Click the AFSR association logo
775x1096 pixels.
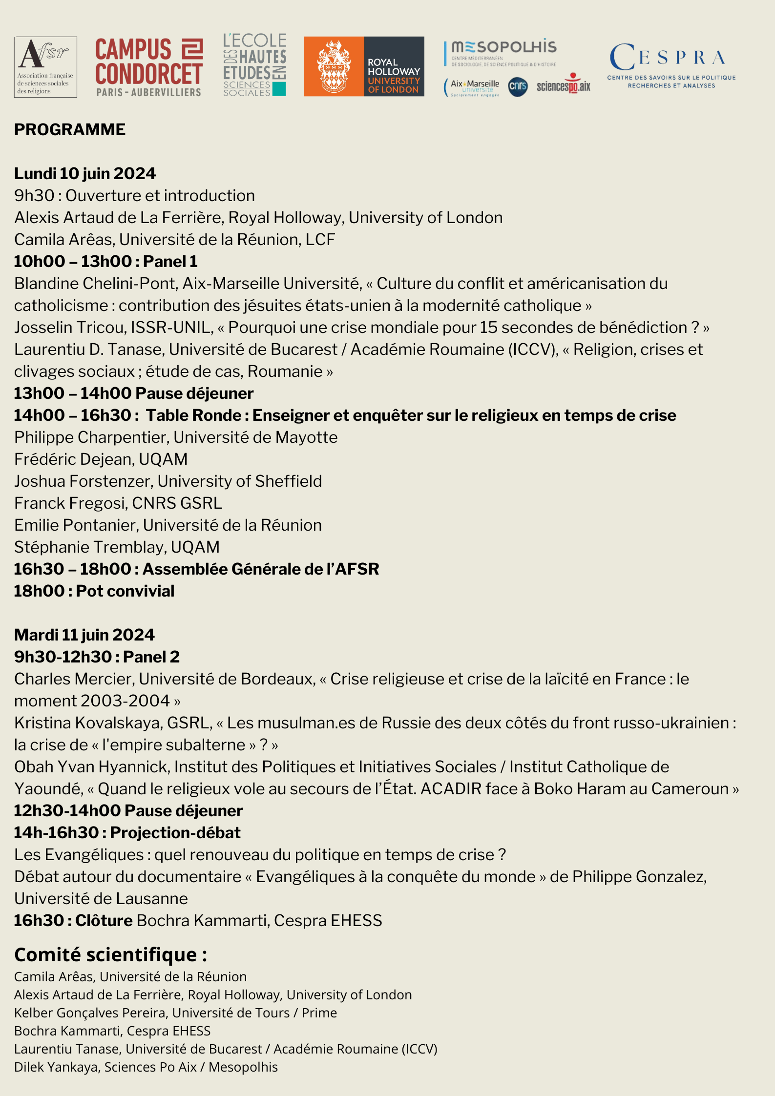click(45, 67)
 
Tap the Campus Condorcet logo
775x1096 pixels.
click(149, 67)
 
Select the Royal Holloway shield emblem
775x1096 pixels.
click(334, 67)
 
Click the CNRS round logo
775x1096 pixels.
click(518, 87)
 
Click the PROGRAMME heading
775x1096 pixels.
click(70, 130)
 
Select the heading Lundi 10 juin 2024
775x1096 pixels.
click(85, 173)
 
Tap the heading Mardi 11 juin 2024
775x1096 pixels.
click(84, 635)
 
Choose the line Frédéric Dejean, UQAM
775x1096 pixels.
click(101, 459)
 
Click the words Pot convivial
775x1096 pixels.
click(125, 591)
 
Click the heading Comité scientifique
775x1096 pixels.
click(110, 955)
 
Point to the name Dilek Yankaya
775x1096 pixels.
click(57, 1067)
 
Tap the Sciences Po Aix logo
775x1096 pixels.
click(564, 85)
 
